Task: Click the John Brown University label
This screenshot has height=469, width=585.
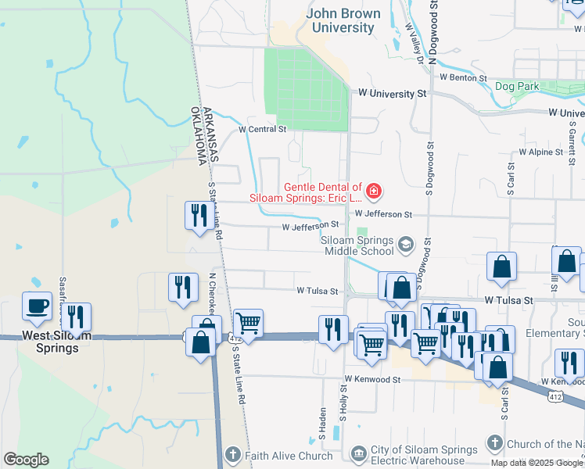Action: (343, 21)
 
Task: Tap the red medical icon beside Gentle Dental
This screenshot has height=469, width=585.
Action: (375, 190)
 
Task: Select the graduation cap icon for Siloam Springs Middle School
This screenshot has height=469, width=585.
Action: (406, 245)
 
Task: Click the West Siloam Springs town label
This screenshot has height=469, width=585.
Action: (56, 342)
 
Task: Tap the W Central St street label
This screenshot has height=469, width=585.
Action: (263, 129)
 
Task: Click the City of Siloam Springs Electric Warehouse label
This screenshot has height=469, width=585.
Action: (424, 455)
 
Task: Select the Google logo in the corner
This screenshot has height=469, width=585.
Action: (26, 460)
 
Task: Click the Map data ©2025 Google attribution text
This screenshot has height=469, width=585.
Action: (536, 463)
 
